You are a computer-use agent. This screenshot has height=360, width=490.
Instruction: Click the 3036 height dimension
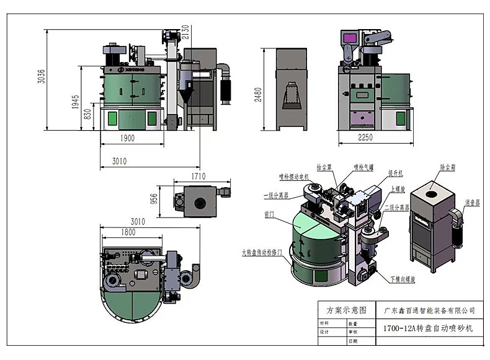point(42,75)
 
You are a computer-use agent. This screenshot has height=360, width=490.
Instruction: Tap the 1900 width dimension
point(127,139)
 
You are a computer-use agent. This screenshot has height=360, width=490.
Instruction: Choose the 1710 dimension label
point(198,177)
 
